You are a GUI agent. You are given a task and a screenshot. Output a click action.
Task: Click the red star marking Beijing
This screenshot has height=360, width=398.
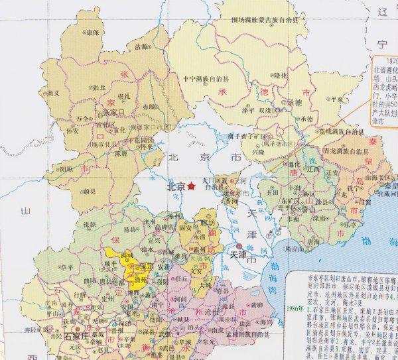(192, 187)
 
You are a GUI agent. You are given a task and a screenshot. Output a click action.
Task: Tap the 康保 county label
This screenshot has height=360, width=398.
(94, 31)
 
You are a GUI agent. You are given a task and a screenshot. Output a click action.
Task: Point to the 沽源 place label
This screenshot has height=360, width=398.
(142, 47)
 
